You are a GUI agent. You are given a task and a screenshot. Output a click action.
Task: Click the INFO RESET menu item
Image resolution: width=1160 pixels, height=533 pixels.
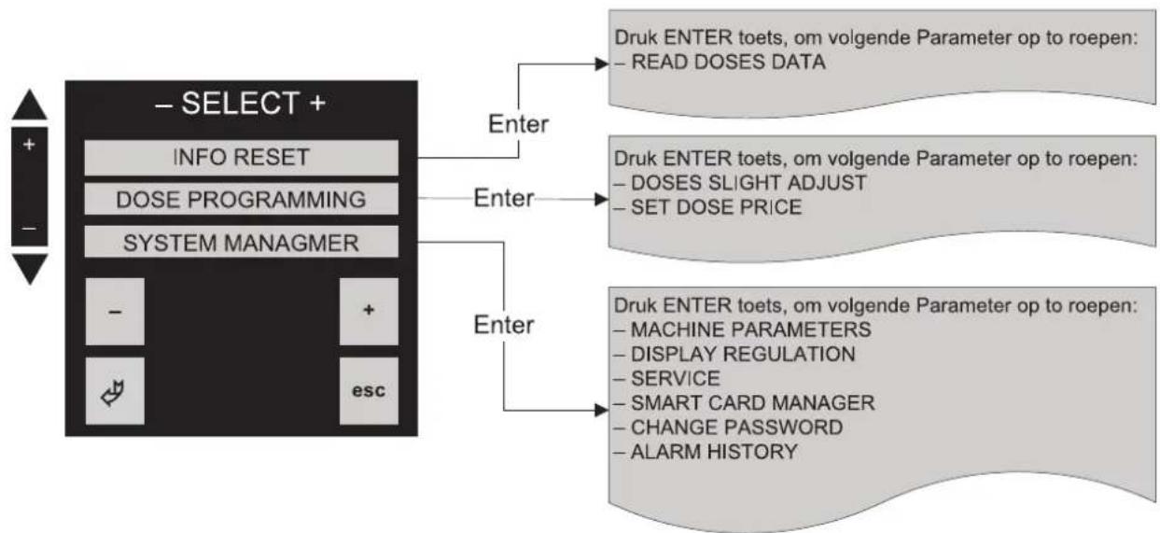[242, 158]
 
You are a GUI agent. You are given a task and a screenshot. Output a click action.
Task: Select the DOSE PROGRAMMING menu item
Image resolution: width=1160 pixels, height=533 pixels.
[242, 200]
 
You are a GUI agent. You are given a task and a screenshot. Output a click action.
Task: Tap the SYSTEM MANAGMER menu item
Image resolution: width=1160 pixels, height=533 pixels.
[242, 243]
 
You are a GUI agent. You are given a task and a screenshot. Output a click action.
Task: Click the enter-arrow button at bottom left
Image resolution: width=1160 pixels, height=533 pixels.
[115, 391]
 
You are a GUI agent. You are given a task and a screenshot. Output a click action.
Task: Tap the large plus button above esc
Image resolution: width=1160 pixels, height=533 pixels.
[369, 311]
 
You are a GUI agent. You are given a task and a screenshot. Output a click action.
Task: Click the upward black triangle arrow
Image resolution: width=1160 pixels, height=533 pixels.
[30, 105]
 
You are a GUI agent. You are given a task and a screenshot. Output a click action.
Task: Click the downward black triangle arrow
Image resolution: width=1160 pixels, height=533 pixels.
[30, 269]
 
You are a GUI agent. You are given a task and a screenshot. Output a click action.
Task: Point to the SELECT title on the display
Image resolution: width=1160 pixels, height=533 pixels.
[240, 103]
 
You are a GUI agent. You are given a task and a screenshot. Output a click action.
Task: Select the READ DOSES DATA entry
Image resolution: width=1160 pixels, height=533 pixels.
[720, 63]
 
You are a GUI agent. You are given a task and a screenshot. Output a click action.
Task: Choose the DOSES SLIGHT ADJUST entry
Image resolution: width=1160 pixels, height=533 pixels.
[740, 183]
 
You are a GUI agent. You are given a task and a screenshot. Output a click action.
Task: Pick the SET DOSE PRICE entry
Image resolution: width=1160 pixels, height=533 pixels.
[708, 207]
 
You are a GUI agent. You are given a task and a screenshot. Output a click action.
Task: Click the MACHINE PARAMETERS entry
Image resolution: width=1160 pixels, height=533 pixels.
[743, 330]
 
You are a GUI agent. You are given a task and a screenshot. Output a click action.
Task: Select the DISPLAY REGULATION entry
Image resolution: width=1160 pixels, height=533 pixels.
[734, 355]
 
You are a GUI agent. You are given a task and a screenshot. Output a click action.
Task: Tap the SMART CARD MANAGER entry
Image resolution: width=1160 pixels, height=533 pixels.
[744, 403]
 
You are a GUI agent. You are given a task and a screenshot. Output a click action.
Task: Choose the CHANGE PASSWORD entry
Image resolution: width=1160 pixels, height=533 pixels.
[728, 428]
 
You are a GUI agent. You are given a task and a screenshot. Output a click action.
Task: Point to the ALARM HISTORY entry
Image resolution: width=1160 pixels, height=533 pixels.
[706, 452]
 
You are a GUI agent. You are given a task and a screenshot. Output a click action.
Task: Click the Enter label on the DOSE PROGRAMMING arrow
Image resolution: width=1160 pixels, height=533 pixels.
[503, 199]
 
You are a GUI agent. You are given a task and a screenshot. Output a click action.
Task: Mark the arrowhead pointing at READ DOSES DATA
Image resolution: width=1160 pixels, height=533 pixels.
[602, 64]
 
